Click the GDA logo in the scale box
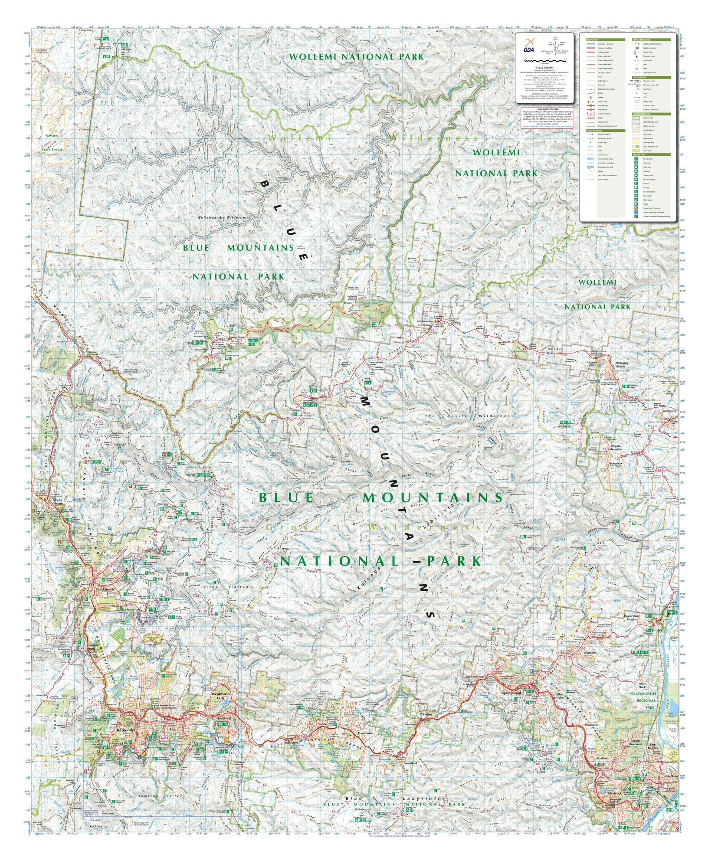[530, 42]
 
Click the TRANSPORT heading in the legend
[593, 39]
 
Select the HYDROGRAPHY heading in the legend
[594, 131]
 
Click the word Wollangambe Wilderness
[223, 217]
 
